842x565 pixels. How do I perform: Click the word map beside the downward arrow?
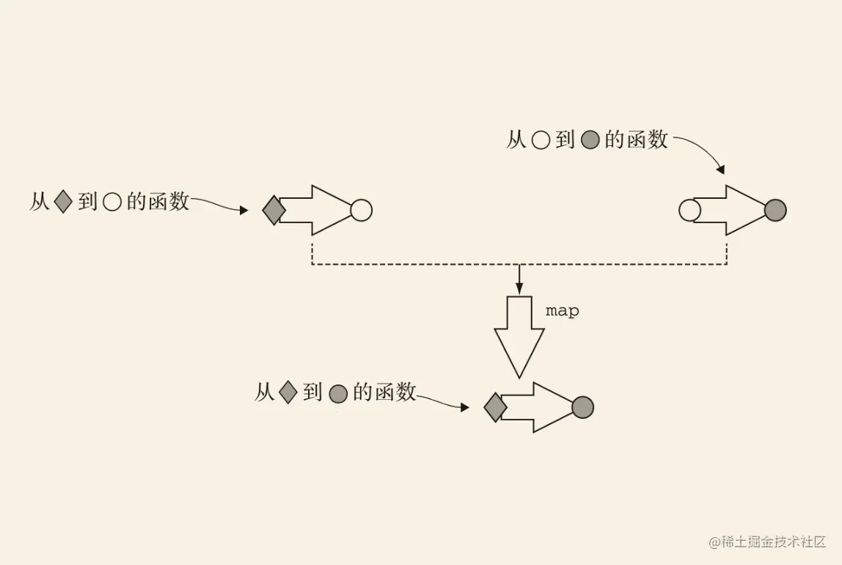(563, 311)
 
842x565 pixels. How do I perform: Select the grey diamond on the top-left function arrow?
(274, 211)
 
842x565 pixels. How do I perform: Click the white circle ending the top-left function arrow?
(361, 211)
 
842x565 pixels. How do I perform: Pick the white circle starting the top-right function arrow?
(689, 211)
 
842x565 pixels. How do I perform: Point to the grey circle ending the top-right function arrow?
(775, 211)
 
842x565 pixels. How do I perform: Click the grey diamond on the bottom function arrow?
(495, 407)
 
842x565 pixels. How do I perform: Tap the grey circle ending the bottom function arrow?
(582, 407)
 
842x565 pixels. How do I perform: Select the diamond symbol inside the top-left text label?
(63, 201)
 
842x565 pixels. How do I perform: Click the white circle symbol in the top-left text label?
(111, 203)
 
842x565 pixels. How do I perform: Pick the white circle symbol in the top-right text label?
(540, 140)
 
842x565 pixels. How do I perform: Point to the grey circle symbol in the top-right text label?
(590, 140)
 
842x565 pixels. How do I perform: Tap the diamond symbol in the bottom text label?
(288, 393)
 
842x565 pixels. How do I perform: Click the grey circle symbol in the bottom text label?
(337, 394)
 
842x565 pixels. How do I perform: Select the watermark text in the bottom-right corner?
(767, 542)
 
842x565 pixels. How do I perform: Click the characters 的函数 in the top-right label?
(637, 139)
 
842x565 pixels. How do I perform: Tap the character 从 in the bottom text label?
(264, 393)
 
